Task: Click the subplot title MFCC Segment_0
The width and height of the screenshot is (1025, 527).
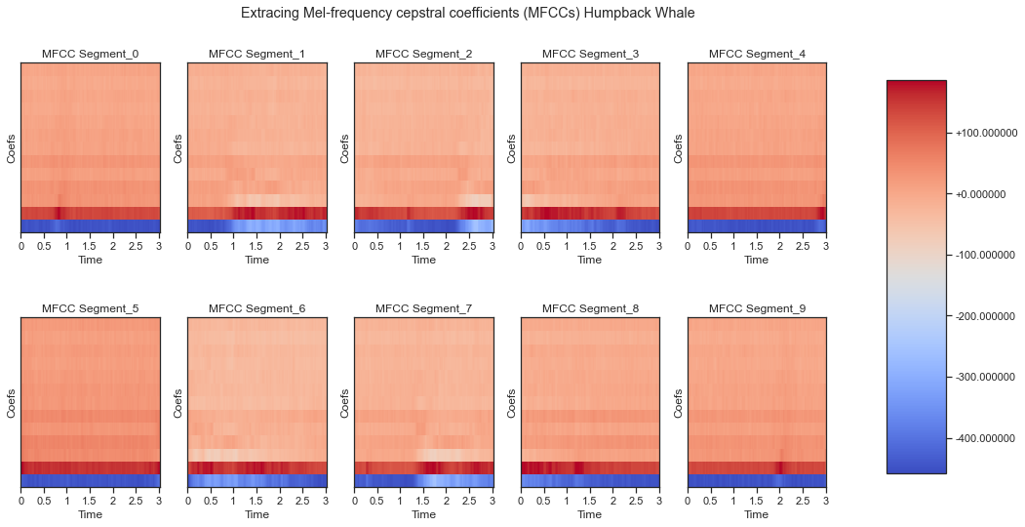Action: coord(90,54)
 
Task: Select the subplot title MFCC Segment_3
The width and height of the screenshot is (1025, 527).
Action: coord(590,54)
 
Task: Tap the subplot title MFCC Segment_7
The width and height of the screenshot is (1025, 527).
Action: coord(423,308)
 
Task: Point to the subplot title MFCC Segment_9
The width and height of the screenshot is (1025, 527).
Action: coord(757,308)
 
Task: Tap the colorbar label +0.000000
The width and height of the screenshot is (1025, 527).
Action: coord(982,194)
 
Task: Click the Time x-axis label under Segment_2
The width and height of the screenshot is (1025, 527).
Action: coord(423,261)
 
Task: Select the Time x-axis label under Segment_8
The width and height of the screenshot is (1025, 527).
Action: coord(590,515)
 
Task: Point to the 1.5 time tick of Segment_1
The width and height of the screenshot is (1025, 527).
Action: coord(256,247)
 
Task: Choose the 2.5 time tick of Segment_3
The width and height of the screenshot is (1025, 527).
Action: coord(636,247)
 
